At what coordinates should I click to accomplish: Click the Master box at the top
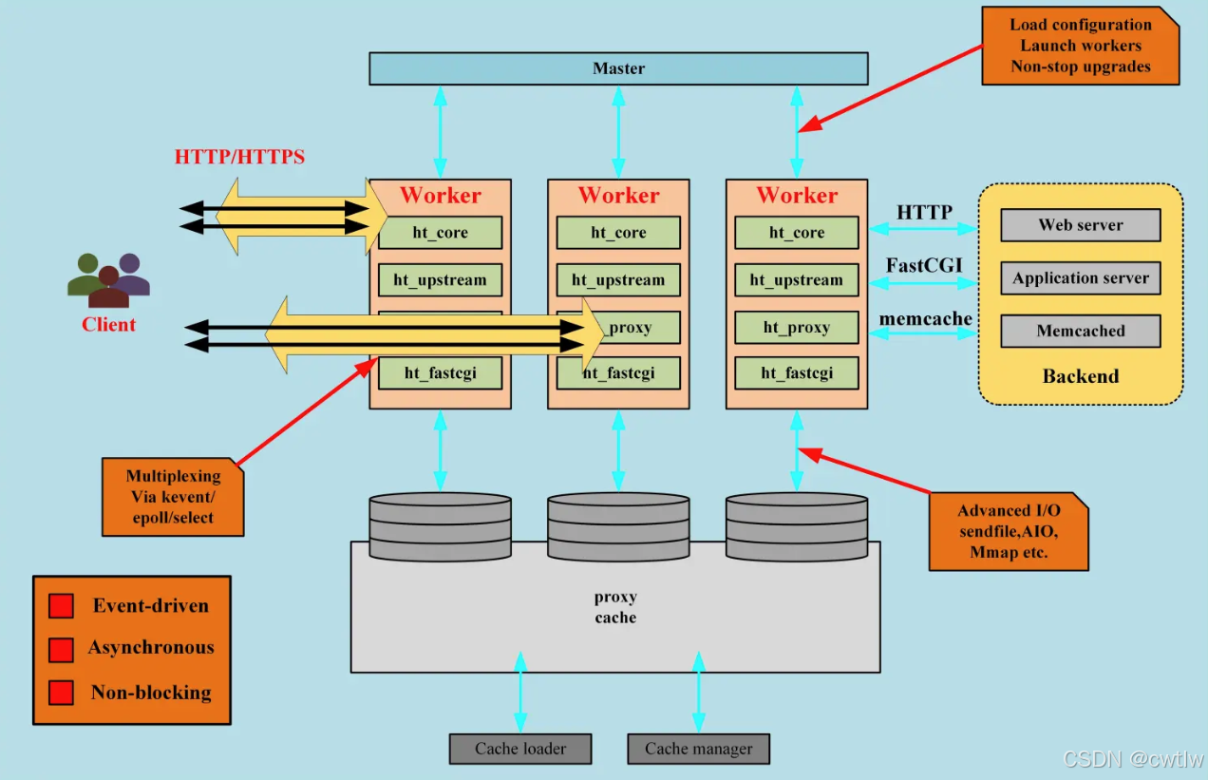[x=618, y=68]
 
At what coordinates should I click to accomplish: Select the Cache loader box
[x=520, y=749]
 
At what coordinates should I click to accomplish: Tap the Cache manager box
[x=698, y=749]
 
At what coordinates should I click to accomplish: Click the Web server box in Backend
[x=1080, y=225]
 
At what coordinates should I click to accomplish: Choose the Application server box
[x=1080, y=278]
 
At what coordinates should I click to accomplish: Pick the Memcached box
[x=1080, y=331]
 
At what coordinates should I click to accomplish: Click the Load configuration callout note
[x=1080, y=46]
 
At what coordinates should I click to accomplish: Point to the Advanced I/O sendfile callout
[x=1008, y=531]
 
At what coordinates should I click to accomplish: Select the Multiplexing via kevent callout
[x=172, y=497]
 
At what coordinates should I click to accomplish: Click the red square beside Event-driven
[x=61, y=606]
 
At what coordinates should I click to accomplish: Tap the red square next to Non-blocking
[x=61, y=693]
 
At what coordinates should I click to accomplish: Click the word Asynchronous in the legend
[x=151, y=648]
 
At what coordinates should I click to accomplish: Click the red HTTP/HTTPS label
[x=239, y=157]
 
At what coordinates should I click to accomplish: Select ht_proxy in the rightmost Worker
[x=796, y=328]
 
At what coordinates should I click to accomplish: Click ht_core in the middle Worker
[x=618, y=233]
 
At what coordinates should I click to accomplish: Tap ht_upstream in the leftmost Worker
[x=440, y=280]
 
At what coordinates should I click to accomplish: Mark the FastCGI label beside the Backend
[x=924, y=265]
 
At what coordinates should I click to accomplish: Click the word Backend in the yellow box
[x=1080, y=376]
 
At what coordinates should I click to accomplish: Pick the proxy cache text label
[x=615, y=607]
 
